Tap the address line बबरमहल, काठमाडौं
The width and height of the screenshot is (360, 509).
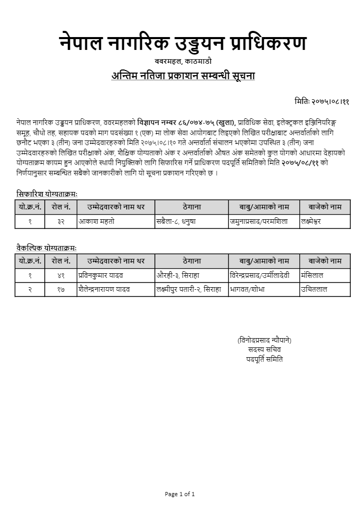point(182,62)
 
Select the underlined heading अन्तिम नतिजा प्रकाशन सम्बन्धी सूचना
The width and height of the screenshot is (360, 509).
point(183,76)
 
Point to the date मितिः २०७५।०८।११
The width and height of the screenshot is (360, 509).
point(322,102)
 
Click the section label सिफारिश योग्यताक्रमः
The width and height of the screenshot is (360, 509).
point(46,194)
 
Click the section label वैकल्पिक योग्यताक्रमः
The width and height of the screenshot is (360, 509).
point(46,248)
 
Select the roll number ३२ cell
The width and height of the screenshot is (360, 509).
point(61,221)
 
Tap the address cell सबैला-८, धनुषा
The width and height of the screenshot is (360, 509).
point(176,221)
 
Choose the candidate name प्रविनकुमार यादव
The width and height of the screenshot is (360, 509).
point(100,275)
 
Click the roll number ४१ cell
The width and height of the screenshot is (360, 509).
point(61,275)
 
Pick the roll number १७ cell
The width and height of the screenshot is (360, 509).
point(61,289)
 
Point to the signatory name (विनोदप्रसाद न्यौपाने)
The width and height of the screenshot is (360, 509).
point(264,340)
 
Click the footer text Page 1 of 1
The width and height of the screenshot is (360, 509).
point(179,494)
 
